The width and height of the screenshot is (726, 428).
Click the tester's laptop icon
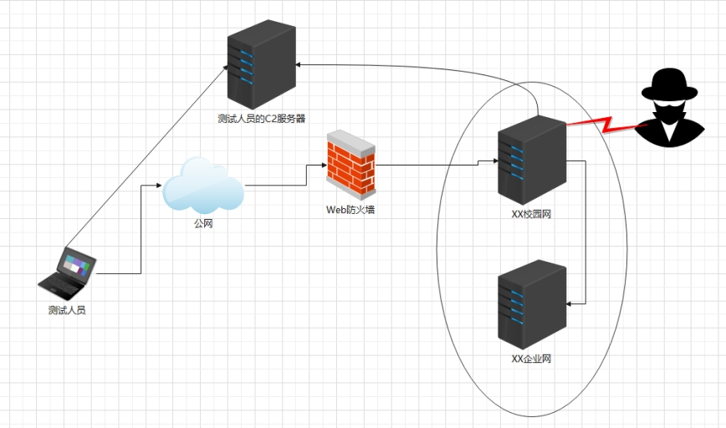68,273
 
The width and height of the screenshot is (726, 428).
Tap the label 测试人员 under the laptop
67,310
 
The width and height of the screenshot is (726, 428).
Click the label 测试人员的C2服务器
261,119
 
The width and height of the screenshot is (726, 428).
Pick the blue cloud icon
203,186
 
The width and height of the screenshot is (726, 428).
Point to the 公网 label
204,224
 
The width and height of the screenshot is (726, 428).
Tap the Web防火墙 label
350,210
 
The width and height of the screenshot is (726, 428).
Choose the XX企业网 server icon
532,305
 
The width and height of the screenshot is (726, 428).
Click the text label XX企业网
531,359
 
